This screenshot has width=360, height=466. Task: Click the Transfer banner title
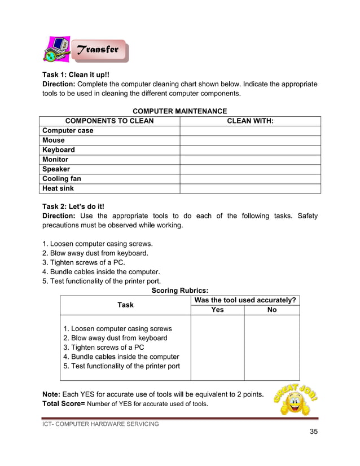click(x=98, y=50)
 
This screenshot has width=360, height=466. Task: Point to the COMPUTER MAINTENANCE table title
click(x=179, y=111)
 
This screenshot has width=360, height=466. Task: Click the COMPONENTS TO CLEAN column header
click(x=109, y=121)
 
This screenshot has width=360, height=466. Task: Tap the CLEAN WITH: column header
click(x=250, y=121)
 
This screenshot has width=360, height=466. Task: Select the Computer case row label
click(x=68, y=130)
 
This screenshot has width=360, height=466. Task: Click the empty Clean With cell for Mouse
click(x=250, y=140)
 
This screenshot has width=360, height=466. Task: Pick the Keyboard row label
click(x=59, y=150)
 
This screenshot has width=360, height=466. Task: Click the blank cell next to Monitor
click(x=250, y=159)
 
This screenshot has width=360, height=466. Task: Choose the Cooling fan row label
click(x=62, y=179)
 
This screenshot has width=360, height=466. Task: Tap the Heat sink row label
click(x=58, y=188)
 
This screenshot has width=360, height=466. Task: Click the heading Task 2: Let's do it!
click(x=74, y=206)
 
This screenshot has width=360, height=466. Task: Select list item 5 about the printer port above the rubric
click(x=102, y=281)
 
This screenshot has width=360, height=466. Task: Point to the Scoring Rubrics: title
click(x=179, y=291)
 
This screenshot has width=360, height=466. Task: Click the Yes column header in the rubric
click(x=217, y=310)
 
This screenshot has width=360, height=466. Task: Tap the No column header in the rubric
click(x=271, y=310)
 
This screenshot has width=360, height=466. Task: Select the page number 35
click(x=314, y=432)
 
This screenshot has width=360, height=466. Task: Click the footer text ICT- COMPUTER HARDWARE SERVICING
click(x=101, y=424)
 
